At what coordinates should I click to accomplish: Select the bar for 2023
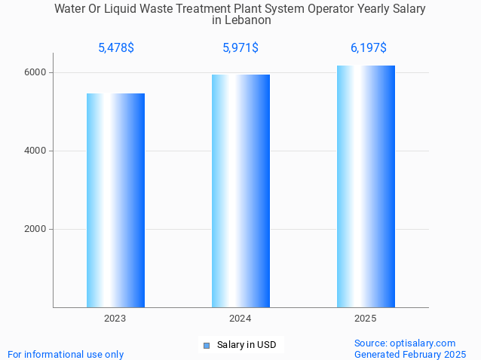tap(115, 200)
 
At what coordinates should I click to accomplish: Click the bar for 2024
tap(240, 191)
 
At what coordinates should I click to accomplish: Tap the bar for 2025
tap(366, 186)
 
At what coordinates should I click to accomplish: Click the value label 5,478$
tap(116, 48)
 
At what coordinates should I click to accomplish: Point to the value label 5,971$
tap(240, 48)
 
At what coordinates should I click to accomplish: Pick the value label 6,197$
tap(368, 48)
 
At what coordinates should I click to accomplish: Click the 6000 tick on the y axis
tap(35, 72)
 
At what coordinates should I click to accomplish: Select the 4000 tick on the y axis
tap(35, 151)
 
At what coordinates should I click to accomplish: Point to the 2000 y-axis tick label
tap(35, 229)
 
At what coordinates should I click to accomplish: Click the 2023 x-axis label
tap(115, 319)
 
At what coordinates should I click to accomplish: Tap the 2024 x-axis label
tap(240, 319)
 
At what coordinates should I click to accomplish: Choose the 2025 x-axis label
tap(366, 319)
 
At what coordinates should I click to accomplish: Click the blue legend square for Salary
tap(206, 346)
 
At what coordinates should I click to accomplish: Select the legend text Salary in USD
tap(247, 345)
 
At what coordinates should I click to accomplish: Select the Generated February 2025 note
tap(410, 354)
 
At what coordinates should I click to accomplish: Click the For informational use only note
tap(66, 354)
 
